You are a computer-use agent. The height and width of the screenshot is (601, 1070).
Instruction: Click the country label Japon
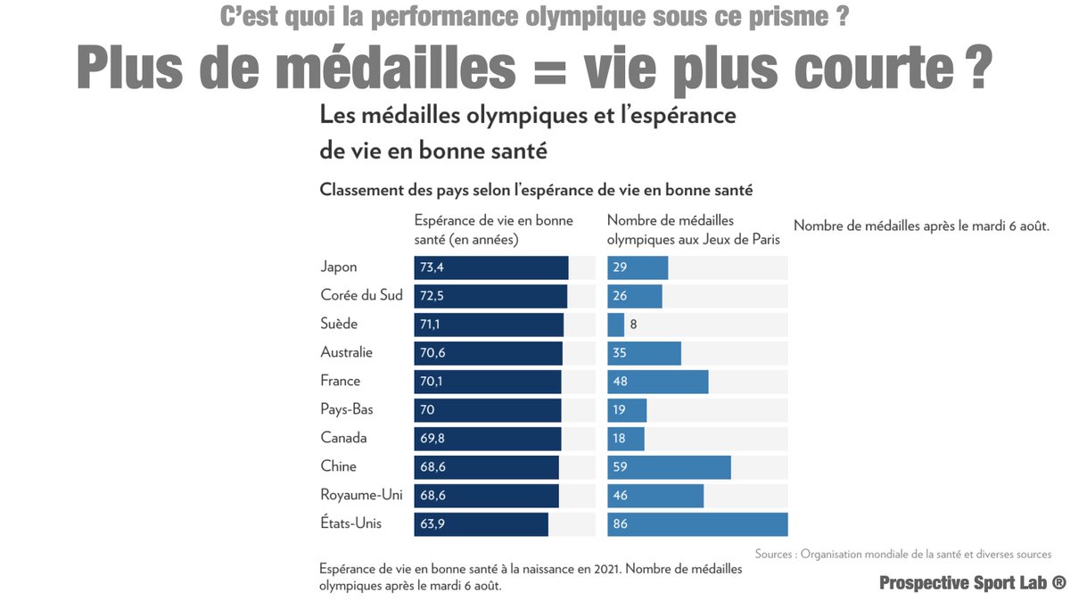point(339,267)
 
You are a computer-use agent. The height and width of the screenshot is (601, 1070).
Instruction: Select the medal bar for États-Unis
point(697,523)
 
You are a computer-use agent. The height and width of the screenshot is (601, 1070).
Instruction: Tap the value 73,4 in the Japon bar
point(432,267)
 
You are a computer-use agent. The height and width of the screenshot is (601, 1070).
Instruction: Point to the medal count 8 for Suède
point(633,324)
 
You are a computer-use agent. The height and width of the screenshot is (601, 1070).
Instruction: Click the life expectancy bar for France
point(488,381)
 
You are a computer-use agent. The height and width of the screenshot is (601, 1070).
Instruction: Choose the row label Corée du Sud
point(361,295)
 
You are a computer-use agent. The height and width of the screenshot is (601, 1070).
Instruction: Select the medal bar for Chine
point(669,466)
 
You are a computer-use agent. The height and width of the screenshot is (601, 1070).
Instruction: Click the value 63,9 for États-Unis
point(432,523)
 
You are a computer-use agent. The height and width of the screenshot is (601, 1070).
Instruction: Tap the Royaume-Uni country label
point(362,495)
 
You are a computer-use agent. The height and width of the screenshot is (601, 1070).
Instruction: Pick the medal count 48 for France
point(620,381)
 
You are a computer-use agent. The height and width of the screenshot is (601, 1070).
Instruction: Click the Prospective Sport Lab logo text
point(972,582)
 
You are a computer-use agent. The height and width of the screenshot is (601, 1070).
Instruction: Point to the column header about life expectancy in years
point(493,229)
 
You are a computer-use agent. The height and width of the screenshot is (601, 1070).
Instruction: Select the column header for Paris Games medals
point(693,229)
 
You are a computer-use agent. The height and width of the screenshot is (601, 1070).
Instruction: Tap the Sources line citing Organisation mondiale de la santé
point(902,554)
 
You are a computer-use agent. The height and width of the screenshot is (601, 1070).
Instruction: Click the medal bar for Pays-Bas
point(627,409)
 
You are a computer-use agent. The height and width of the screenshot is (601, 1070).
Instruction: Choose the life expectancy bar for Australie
point(488,352)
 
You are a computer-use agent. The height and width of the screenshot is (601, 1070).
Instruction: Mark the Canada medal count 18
point(620,438)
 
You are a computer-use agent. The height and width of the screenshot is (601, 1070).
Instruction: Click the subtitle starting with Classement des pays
point(536,190)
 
